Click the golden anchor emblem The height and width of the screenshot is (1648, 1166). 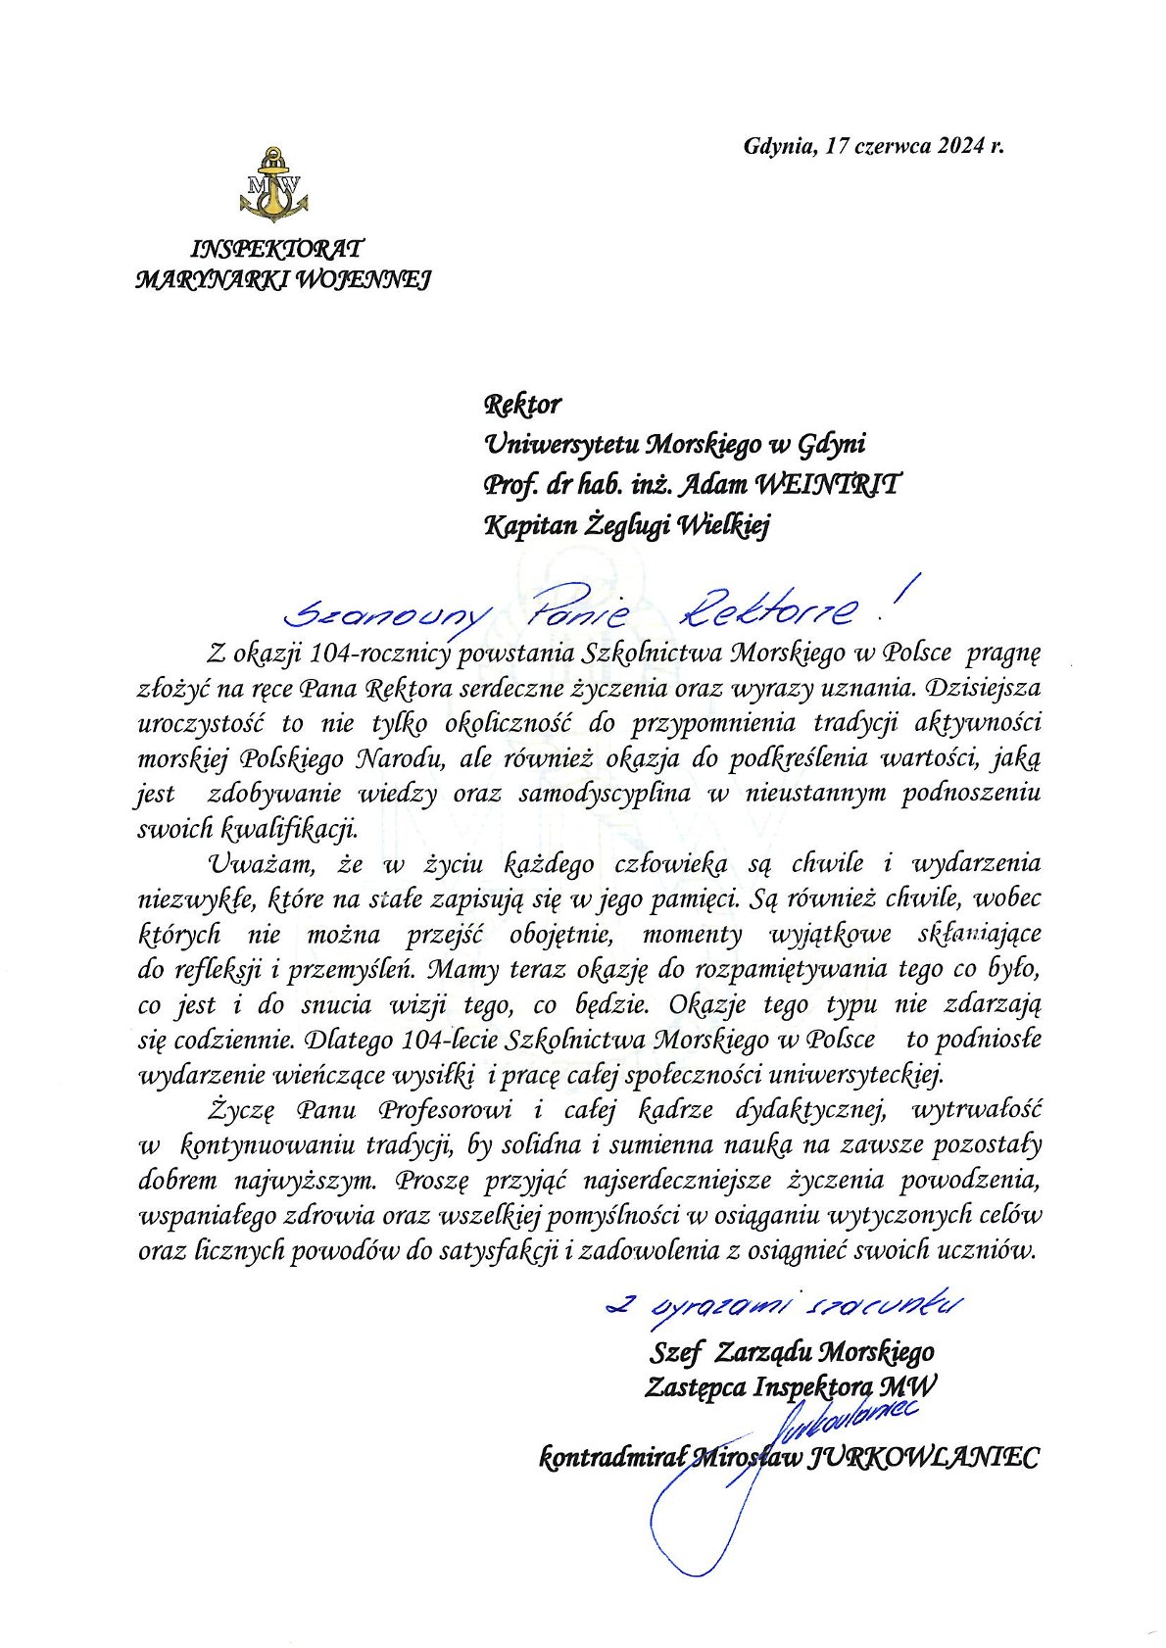point(273,183)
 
